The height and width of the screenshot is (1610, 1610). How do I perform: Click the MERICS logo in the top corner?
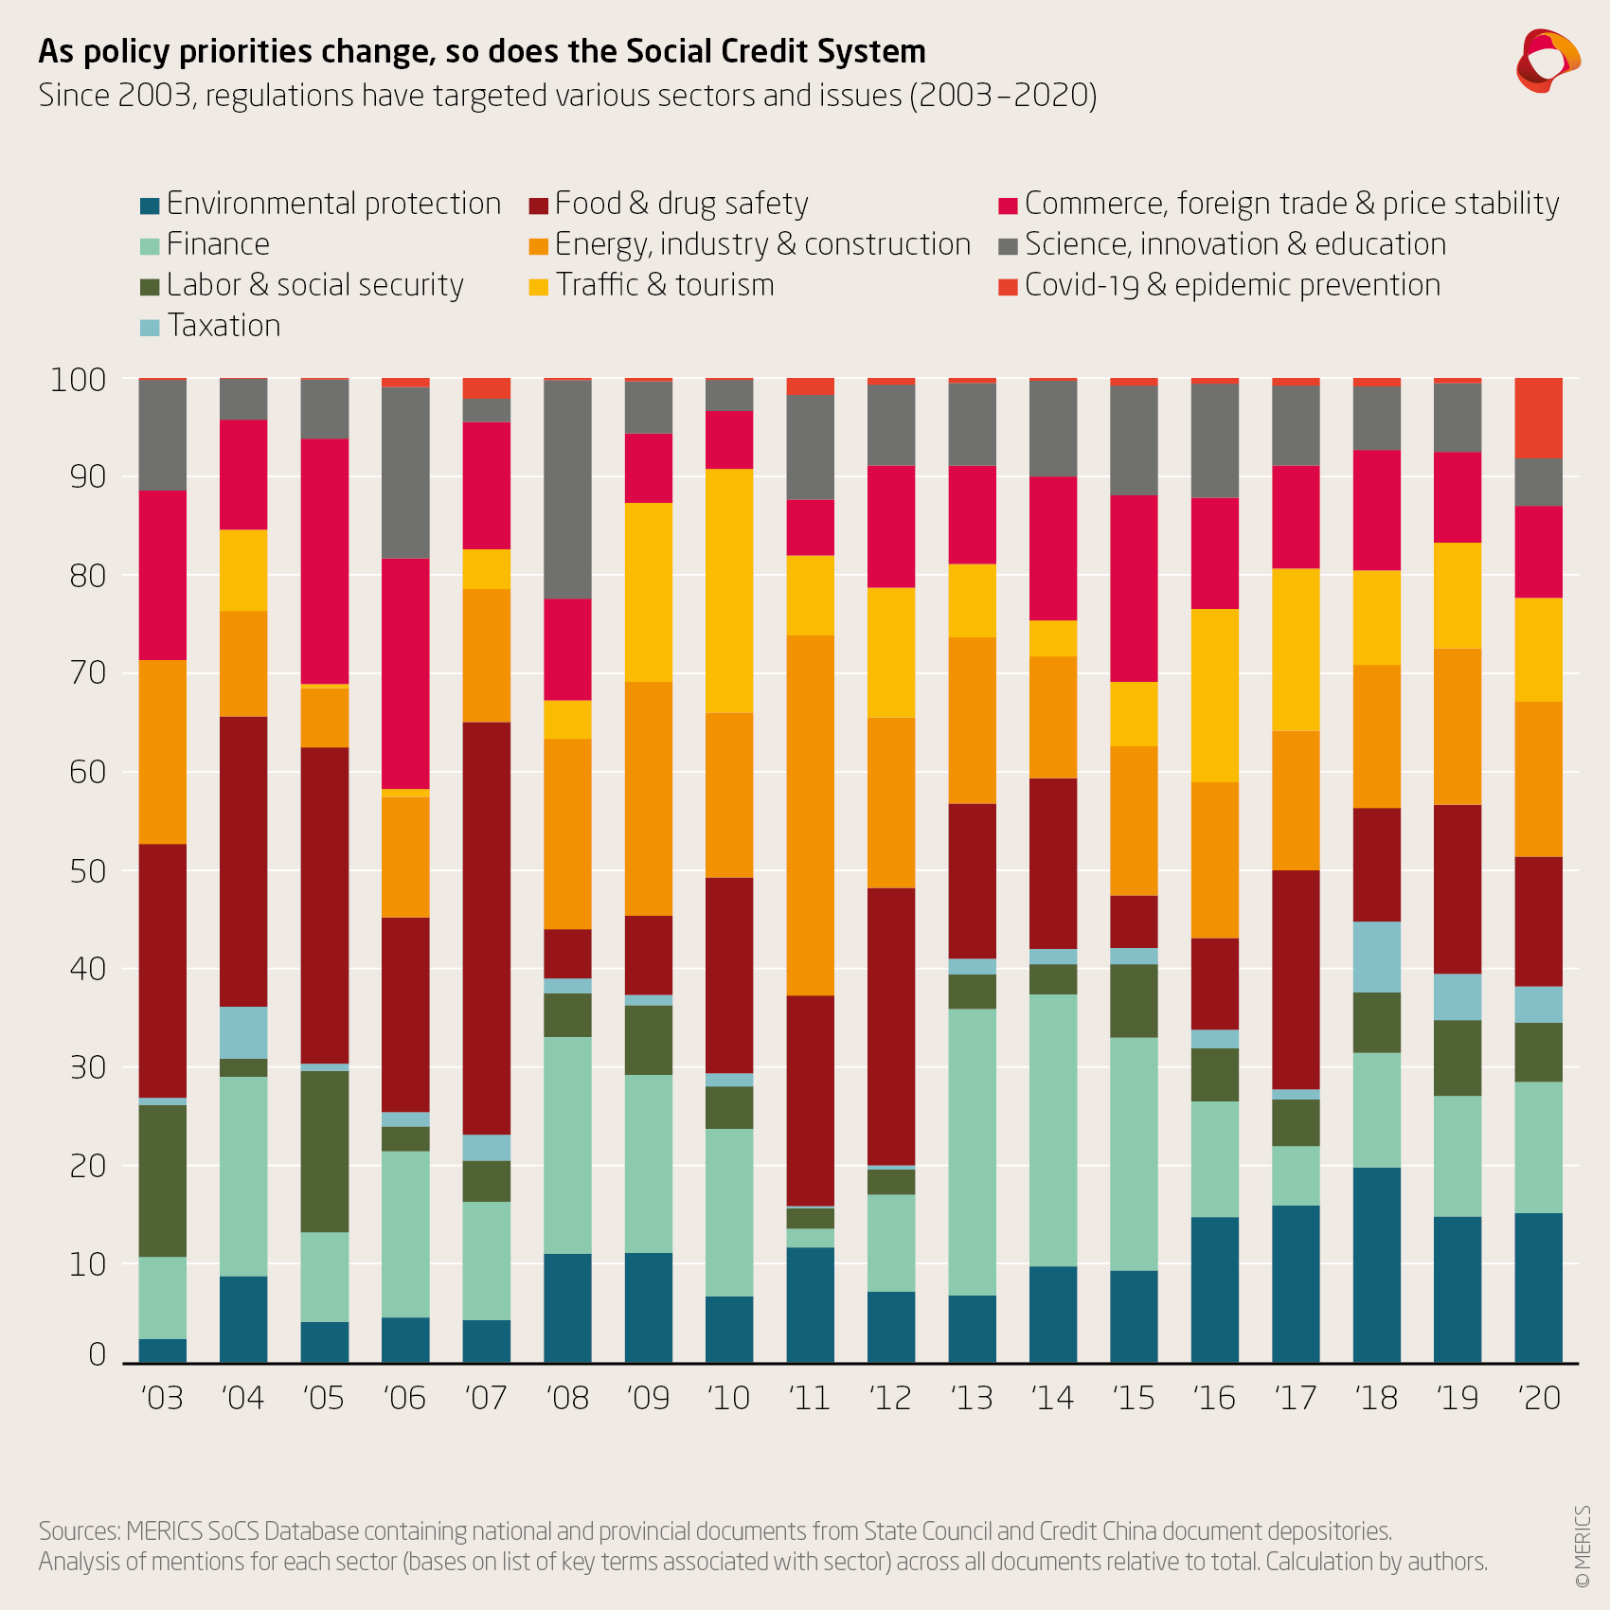pyautogui.click(x=1547, y=61)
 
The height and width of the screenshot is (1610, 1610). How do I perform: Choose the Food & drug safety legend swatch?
pyautogui.click(x=539, y=206)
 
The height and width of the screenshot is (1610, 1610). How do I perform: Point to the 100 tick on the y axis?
pyautogui.click(x=78, y=380)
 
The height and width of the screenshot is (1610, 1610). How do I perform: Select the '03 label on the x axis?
pyautogui.click(x=162, y=1398)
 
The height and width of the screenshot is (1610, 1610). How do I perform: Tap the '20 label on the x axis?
pyautogui.click(x=1539, y=1398)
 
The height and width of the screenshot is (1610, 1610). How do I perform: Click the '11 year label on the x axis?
pyautogui.click(x=810, y=1398)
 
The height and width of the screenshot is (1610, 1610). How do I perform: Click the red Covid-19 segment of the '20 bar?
pyautogui.click(x=1539, y=418)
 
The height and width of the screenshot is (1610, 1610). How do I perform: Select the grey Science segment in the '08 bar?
pyautogui.click(x=567, y=489)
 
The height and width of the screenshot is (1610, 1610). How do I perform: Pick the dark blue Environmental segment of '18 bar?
pyautogui.click(x=1377, y=1264)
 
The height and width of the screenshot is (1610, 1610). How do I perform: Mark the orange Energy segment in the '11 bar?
pyautogui.click(x=811, y=814)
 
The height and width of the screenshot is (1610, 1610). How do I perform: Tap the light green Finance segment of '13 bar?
pyautogui.click(x=973, y=1152)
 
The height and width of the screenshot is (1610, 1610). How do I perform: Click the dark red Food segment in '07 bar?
pyautogui.click(x=487, y=928)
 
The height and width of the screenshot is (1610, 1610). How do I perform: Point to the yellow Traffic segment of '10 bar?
pyautogui.click(x=729, y=591)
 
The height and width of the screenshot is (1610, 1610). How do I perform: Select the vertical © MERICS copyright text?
pyautogui.click(x=1582, y=1547)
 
